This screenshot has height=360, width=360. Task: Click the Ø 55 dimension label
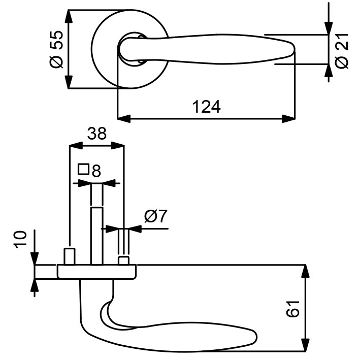(x=56, y=49)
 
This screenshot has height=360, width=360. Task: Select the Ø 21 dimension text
(x=342, y=51)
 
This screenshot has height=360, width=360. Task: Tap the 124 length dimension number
(x=206, y=107)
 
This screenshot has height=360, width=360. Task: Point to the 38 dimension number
(x=96, y=134)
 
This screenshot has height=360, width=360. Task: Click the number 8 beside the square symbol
(x=96, y=171)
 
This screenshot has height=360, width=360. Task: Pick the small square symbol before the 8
(x=83, y=169)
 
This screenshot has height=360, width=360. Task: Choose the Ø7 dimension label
(x=156, y=216)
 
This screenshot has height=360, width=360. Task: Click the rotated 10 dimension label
(x=21, y=240)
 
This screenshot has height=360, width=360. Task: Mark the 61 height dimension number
(x=293, y=309)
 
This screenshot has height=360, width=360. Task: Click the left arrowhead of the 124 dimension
(x=124, y=119)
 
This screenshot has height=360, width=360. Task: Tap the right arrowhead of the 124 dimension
(x=288, y=119)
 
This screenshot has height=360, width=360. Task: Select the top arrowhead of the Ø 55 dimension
(x=69, y=16)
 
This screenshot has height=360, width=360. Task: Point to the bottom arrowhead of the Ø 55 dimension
(x=69, y=82)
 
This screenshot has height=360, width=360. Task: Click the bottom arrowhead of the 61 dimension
(x=305, y=345)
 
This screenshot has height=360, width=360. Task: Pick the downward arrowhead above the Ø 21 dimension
(x=329, y=28)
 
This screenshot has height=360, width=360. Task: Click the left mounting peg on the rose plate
(x=69, y=257)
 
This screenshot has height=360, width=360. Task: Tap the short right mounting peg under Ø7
(x=124, y=261)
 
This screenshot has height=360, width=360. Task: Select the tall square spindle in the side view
(x=96, y=236)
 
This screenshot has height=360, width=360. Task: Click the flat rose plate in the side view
(x=96, y=272)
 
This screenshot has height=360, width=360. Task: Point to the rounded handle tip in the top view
(x=291, y=49)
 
